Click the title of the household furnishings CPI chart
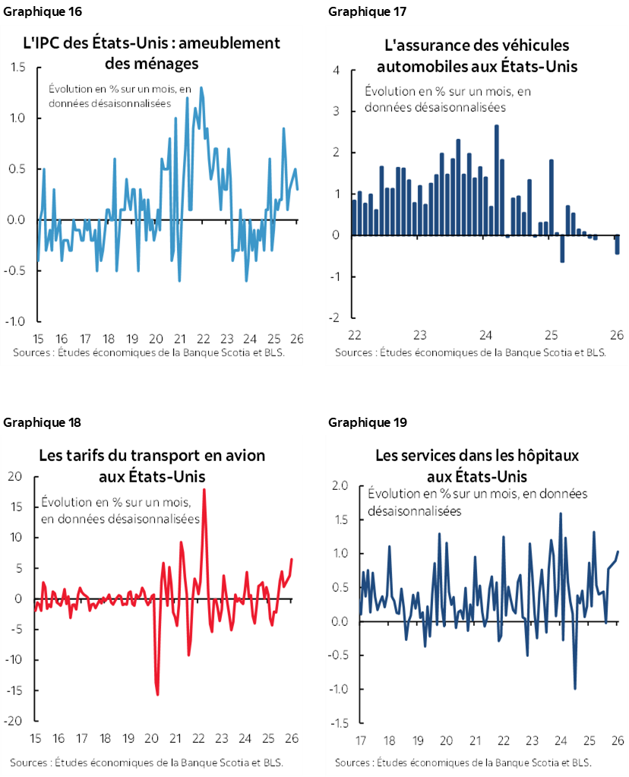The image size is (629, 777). click(x=152, y=52)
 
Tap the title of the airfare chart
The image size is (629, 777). click(x=152, y=466)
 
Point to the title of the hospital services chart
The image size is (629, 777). click(x=476, y=466)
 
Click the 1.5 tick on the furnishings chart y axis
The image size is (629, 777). click(x=18, y=68)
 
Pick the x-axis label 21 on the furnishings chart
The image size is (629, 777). click(x=180, y=339)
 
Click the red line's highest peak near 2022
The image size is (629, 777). click(x=204, y=490)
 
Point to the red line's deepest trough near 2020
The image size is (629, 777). click(x=157, y=693)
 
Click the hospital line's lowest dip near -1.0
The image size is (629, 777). click(x=574, y=688)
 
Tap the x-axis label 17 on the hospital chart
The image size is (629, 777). click(x=360, y=741)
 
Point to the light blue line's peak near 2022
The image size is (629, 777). click(x=201, y=88)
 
